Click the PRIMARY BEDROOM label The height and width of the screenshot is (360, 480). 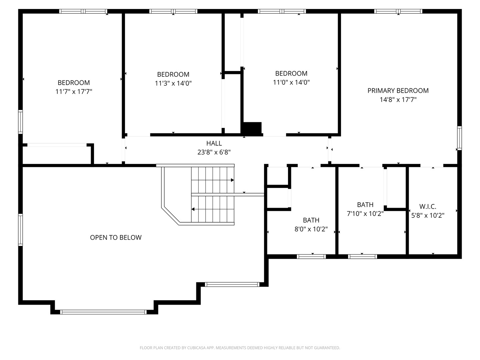(398, 90)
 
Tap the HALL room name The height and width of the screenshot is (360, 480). (214, 143)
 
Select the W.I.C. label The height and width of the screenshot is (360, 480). (428, 206)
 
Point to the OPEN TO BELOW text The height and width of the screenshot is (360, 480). (116, 237)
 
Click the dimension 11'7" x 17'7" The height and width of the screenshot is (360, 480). (74, 91)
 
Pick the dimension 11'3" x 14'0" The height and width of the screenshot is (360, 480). (173, 83)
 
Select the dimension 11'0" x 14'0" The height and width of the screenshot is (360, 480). (291, 82)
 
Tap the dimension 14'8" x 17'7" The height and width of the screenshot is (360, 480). (398, 99)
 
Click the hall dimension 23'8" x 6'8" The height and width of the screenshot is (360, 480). (214, 152)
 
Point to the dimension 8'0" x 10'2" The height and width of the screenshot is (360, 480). (311, 229)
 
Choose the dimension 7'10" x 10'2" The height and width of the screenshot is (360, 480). (365, 214)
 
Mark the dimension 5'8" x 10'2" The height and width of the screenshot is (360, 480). (428, 216)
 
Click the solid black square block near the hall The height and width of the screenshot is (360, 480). (252, 128)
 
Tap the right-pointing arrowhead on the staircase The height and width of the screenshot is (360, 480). (232, 180)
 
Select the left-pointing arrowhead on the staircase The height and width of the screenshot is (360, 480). (193, 209)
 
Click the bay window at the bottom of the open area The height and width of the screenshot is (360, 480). (103, 312)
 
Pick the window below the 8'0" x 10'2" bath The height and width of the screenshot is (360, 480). (311, 257)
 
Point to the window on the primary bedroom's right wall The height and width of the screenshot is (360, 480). (460, 138)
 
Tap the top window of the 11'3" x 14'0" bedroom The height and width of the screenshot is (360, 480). (173, 11)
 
